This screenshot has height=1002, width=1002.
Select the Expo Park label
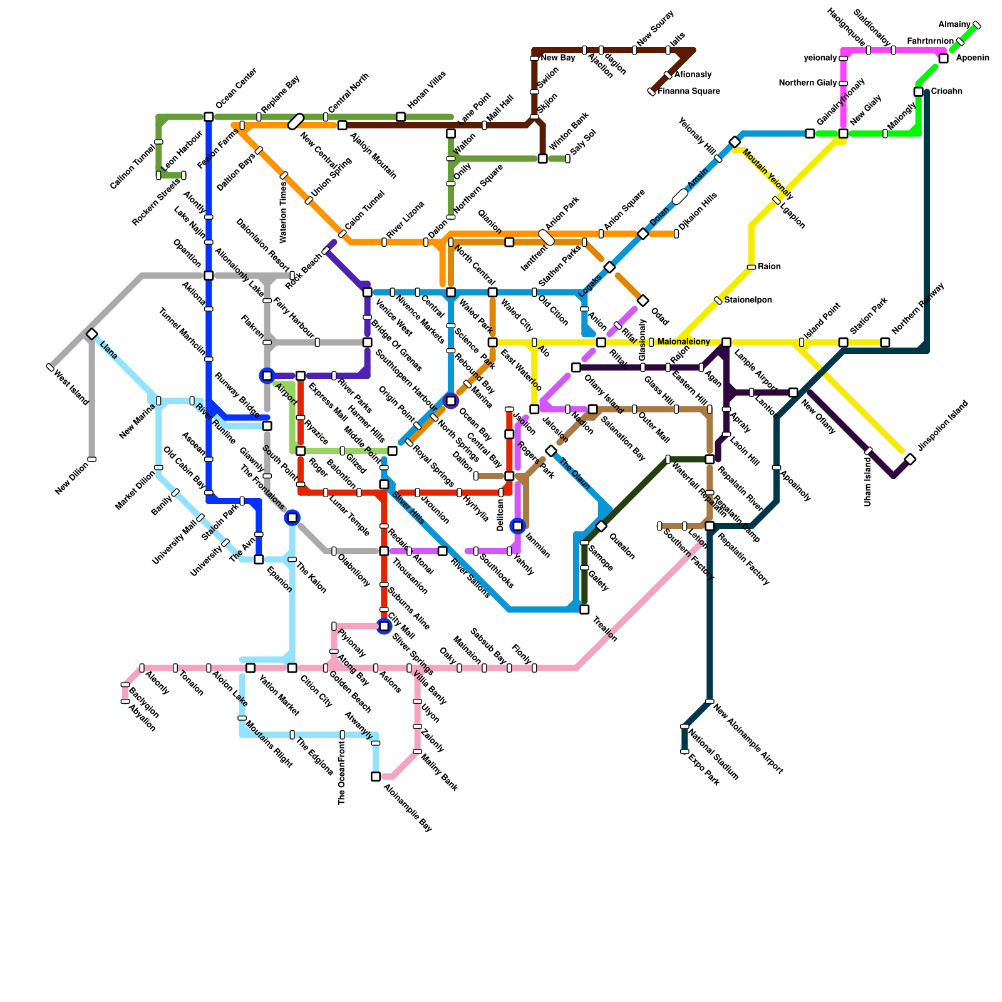point(703,770)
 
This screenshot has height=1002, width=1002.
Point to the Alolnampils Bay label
point(407,807)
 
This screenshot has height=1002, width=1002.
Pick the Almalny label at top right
point(954,24)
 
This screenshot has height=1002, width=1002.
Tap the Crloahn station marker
point(918,92)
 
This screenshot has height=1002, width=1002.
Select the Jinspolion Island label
point(943,425)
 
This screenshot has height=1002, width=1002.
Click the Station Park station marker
point(843,343)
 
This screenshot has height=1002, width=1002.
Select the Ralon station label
point(770,267)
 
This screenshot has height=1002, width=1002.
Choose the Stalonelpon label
point(748,301)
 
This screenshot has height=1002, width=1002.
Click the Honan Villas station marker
point(401,117)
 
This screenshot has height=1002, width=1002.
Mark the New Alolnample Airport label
point(748,740)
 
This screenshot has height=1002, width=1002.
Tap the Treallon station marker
point(584,609)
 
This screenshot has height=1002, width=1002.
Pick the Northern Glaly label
point(808,83)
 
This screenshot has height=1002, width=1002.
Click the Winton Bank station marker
point(542,159)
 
